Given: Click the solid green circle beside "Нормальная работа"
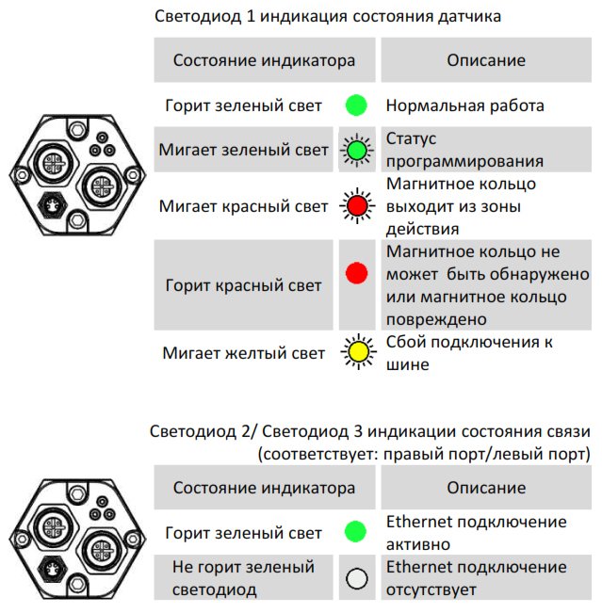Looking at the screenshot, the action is pos(356,105).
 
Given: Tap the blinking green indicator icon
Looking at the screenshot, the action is pos(356,150).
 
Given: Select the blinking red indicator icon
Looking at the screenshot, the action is pos(357,205).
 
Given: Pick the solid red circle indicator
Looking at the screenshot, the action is pos(356,273).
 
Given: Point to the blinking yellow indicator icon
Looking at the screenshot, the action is pos(358,352).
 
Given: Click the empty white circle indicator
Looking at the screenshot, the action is pos(357,578).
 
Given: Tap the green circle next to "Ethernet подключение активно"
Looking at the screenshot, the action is pos(355,532).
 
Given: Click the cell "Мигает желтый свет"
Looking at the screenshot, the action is pos(243,353).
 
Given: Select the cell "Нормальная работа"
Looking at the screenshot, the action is pos(486,105).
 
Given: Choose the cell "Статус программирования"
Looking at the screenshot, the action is pos(486,150).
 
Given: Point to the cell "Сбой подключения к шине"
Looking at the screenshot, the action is pos(486,353).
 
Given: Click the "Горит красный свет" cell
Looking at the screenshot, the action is pos(243,285).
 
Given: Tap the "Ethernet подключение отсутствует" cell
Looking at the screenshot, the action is pos(486,578).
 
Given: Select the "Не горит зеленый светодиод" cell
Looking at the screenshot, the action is pos(243,578).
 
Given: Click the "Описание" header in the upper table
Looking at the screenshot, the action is pos(486,60).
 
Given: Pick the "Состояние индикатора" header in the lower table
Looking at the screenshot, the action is pos(265,488).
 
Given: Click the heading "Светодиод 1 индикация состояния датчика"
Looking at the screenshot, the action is pos(328,16).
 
